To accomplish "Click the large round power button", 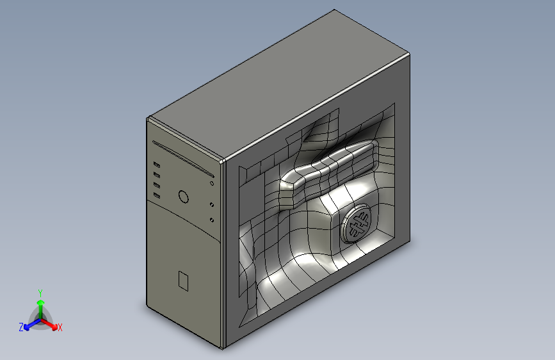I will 183,197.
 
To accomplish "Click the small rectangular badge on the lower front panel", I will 183,281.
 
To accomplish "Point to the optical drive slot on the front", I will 183,159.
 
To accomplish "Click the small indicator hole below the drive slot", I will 212,184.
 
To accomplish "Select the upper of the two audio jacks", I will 212,206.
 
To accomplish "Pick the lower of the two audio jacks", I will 212,220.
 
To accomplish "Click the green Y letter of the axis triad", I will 40,291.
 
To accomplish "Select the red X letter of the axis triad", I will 60,328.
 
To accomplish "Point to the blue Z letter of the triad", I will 21,327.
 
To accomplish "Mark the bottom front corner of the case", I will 223,348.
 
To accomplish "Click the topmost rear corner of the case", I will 334,10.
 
